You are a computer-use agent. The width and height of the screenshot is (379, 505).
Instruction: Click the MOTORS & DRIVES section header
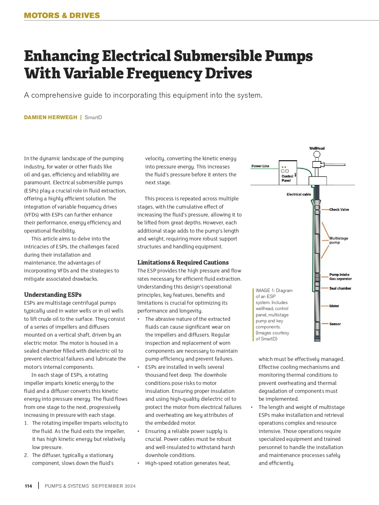pos(62,15)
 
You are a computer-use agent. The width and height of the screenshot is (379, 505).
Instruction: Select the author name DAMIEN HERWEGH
pos(51,117)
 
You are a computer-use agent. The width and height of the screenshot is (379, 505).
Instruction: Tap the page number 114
pos(28,486)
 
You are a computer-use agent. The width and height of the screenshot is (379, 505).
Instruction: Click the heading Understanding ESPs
pos(53,295)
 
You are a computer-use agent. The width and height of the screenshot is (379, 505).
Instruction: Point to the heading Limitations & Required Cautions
pos(183,262)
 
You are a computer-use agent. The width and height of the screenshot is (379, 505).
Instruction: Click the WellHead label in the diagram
pos(317,148)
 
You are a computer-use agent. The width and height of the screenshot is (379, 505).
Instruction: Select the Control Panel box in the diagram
pos(288,173)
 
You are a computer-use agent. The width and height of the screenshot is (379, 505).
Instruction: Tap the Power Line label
pos(260,166)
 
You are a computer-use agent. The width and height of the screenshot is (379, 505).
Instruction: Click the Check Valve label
pos(339,210)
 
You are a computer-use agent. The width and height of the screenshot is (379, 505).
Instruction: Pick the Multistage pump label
pos(339,240)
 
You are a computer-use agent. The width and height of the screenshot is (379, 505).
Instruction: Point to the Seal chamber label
pos(340,288)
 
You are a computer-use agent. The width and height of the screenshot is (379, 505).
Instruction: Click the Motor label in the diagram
pos(334,306)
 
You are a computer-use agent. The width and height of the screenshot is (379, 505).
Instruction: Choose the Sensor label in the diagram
pos(335,324)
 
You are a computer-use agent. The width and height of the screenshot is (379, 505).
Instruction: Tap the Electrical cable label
pos(299,194)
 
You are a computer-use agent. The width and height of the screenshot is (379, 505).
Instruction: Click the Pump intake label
pos(339,275)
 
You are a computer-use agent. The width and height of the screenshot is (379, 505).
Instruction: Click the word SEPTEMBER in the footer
pos(107,486)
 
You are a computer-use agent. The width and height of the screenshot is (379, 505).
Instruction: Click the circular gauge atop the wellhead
pos(317,155)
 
